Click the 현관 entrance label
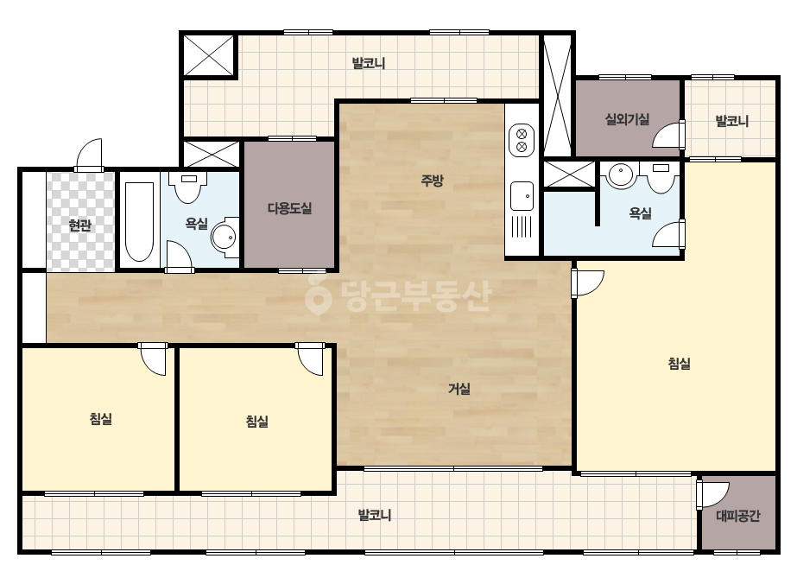[x=79, y=225]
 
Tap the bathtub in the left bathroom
[x=139, y=221]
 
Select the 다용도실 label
[x=289, y=208]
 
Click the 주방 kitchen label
[x=432, y=180]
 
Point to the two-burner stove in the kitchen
[x=522, y=141]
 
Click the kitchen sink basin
[x=522, y=196]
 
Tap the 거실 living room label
[x=459, y=389]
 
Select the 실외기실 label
[x=627, y=119]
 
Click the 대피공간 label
[x=738, y=517]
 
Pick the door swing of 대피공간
[x=713, y=494]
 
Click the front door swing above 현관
[x=90, y=155]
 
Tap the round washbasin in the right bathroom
[x=620, y=175]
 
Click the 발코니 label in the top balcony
[x=369, y=64]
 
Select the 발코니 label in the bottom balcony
[x=375, y=516]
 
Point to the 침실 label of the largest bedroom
[x=679, y=364]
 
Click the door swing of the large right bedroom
[x=587, y=283]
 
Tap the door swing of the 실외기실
[x=667, y=135]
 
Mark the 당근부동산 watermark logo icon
[x=318, y=295]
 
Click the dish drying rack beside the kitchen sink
[x=522, y=227]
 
